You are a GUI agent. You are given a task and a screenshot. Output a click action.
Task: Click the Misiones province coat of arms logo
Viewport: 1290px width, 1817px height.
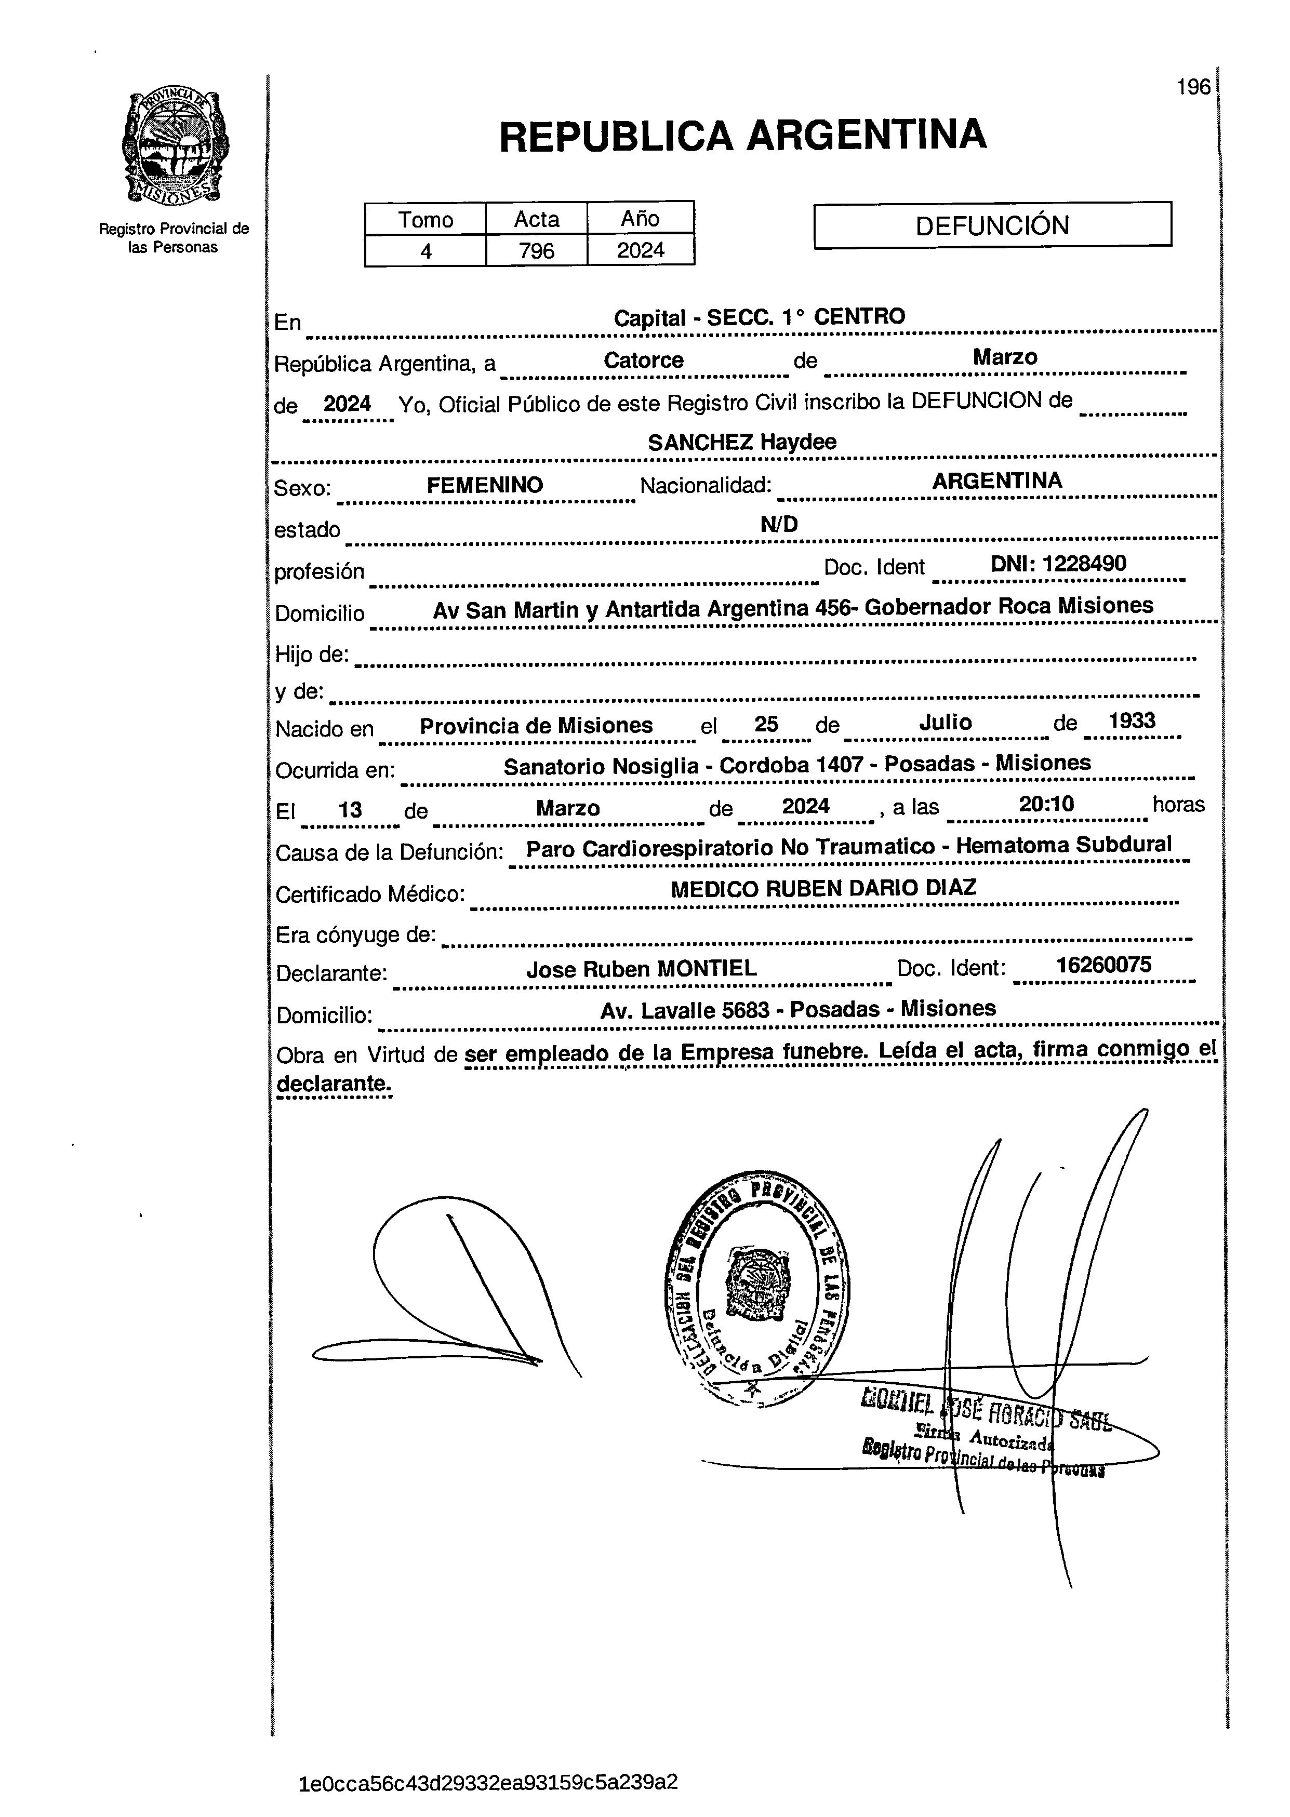pos(175,147)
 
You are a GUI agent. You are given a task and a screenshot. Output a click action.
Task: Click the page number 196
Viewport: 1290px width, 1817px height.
pos(1193,87)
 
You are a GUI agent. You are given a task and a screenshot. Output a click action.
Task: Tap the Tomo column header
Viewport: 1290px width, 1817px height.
pos(426,219)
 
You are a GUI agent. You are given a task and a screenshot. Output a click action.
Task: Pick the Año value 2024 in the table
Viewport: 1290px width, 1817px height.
pos(640,251)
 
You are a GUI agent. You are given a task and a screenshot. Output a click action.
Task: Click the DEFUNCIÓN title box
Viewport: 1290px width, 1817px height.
pos(992,225)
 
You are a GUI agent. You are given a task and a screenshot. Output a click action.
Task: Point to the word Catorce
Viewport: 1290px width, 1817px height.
pos(643,360)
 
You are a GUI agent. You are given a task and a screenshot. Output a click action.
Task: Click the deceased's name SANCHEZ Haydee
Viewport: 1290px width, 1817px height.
pos(742,443)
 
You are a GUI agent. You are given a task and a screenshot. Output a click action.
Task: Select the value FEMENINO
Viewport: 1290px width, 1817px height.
pos(485,485)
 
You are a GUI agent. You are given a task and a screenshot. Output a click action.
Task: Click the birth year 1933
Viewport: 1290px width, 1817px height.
pos(1132,721)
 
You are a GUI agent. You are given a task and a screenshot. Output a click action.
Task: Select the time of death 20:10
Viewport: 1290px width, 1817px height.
pos(1046,805)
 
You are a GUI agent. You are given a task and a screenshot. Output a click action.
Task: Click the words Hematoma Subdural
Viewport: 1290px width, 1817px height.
pos(1063,845)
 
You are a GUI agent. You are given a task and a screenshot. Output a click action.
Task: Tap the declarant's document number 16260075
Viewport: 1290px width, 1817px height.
pos(1103,965)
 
